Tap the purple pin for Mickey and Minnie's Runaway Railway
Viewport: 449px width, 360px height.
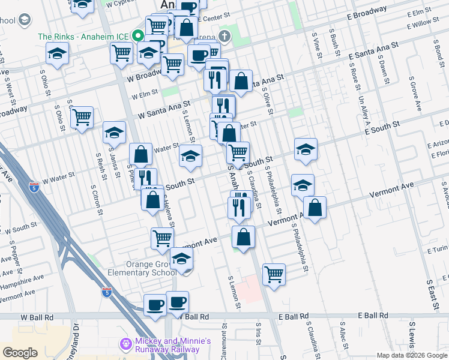(125, 344)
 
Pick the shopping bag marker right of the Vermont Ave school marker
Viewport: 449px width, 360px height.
(315, 208)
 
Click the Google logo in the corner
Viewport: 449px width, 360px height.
(20, 352)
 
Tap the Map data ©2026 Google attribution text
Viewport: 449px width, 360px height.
(412, 355)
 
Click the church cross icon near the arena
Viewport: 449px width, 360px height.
(224, 35)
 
